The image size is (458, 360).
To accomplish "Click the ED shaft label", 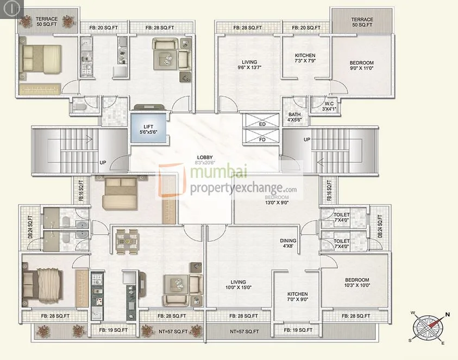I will coord(262,123).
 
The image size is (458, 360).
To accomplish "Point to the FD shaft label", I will coord(262,138).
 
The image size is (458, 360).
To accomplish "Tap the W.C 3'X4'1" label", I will coord(329,106).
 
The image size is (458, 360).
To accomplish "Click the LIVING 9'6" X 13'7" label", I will coord(248,65).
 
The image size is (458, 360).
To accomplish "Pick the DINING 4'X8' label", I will coord(288,243).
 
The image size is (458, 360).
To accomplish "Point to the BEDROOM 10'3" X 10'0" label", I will coord(357,283).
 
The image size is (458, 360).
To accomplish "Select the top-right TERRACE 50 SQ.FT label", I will coord(362,22).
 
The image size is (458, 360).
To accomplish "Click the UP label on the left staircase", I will coord(102,162).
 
